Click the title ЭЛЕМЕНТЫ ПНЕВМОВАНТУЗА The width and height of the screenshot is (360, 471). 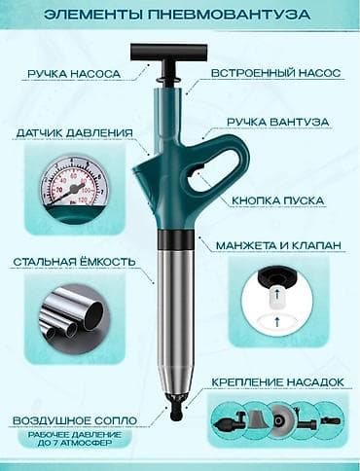point(180,16)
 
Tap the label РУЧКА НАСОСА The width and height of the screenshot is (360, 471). point(72,72)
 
